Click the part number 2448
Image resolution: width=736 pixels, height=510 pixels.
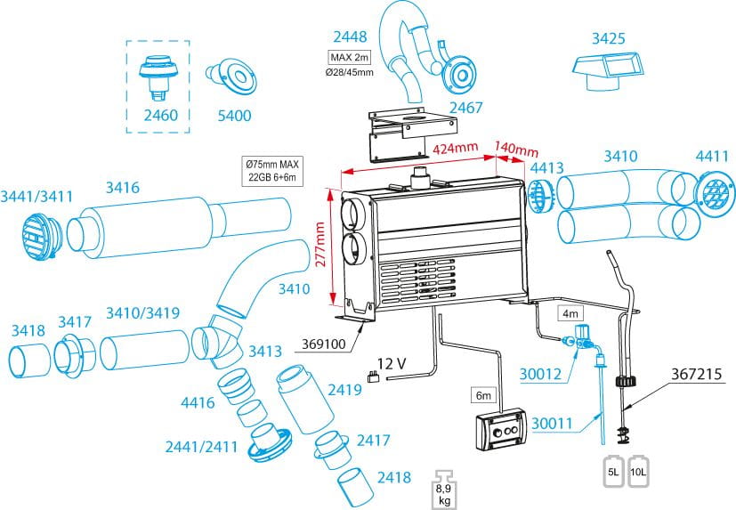351,36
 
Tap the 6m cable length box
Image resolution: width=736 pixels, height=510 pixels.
483,393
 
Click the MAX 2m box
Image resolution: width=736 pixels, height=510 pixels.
351,58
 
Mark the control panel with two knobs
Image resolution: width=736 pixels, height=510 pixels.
500,433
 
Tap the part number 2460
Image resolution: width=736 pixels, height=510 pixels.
160,115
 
